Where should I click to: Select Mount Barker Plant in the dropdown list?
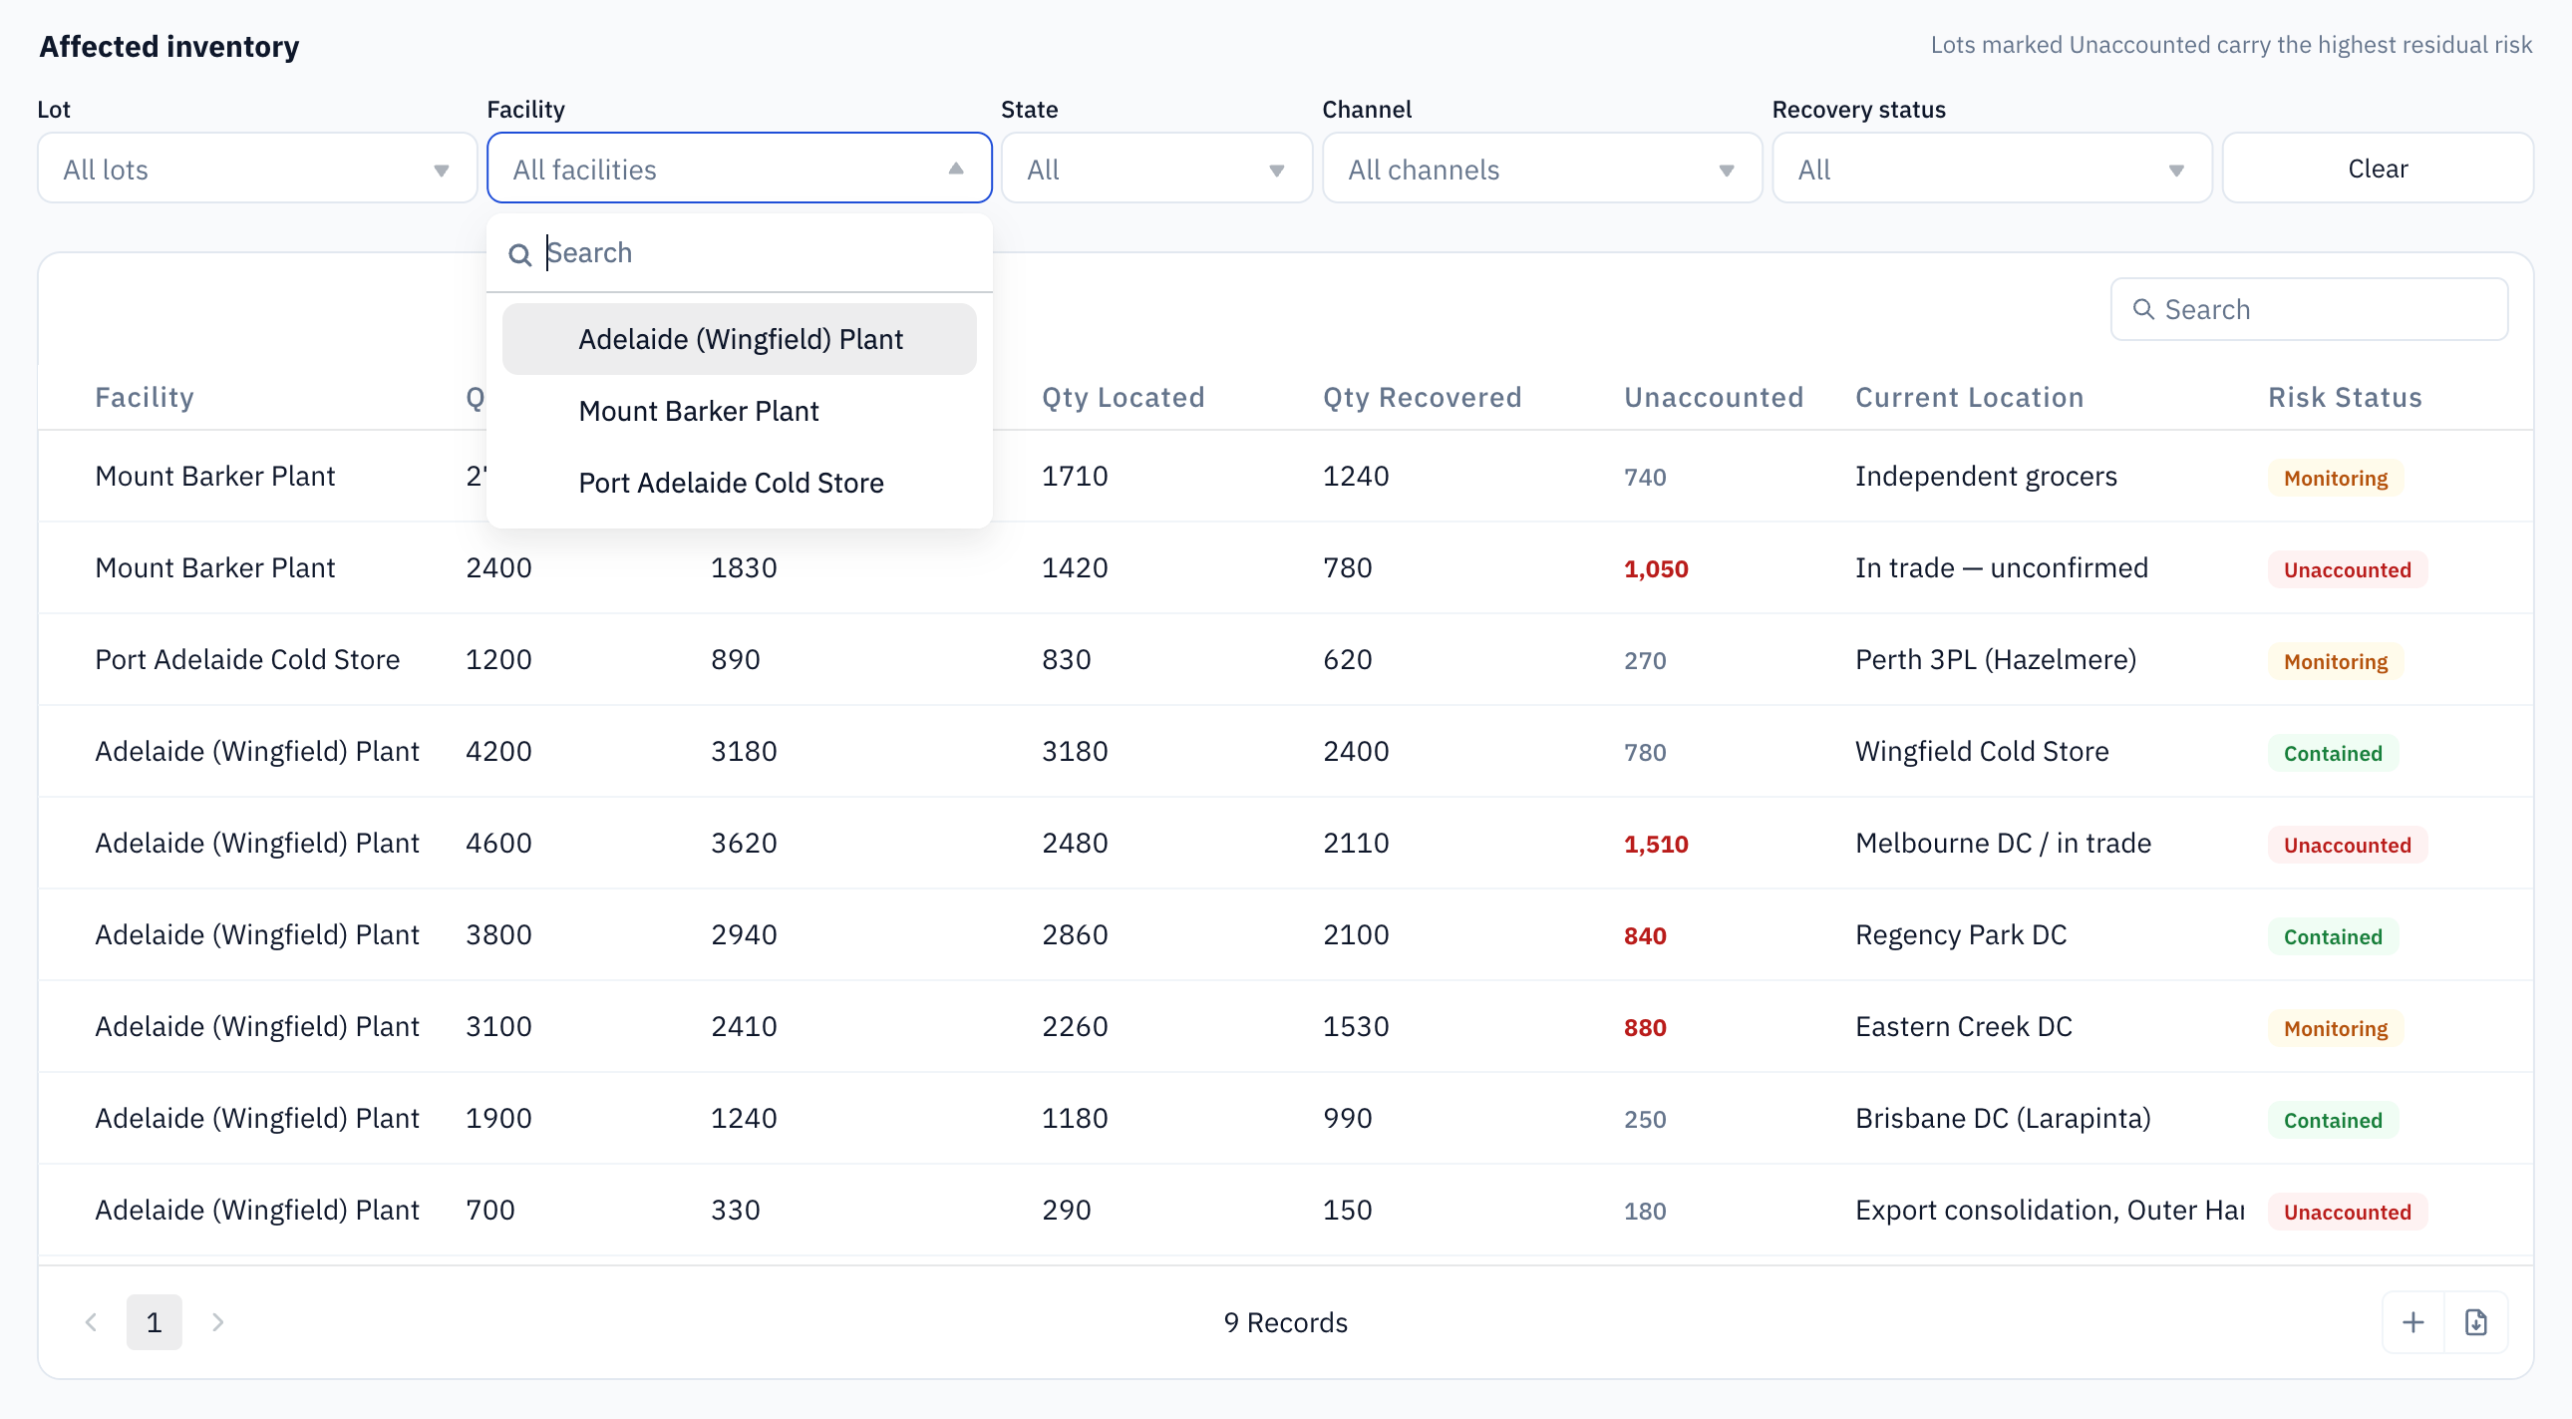tap(698, 411)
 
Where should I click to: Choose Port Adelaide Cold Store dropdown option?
tap(731, 483)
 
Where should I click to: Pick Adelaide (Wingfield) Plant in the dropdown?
tap(740, 338)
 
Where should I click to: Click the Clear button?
tap(2377, 168)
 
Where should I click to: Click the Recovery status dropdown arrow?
tap(2175, 170)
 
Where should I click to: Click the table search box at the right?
tap(2309, 309)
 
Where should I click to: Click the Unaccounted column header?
tap(1714, 397)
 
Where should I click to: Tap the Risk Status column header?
tap(2345, 397)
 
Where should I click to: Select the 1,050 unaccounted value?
tap(1656, 568)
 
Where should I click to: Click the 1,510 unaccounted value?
tap(1656, 844)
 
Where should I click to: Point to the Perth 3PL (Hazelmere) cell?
tap(1995, 659)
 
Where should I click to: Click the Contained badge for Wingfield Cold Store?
tap(2333, 753)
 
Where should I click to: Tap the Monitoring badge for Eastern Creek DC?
tap(2336, 1027)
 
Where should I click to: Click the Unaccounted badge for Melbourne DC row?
tap(2347, 845)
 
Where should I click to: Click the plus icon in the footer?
tap(2412, 1322)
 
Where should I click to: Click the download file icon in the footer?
tap(2475, 1322)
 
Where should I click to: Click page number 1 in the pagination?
tap(154, 1322)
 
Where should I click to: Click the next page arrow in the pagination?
tap(217, 1322)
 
